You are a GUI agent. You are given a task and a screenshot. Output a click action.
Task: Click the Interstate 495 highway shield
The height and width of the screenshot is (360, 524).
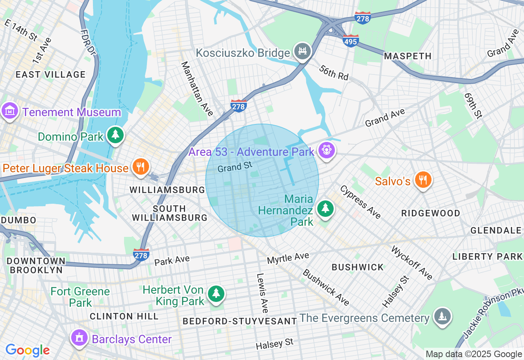tap(351, 40)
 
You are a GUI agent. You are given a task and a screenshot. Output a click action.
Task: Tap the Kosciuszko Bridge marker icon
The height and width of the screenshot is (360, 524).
tap(303, 52)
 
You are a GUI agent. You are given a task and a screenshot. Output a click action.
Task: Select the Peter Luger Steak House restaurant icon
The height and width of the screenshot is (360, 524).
tap(140, 167)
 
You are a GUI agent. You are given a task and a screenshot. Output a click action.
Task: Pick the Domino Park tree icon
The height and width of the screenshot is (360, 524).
tap(115, 135)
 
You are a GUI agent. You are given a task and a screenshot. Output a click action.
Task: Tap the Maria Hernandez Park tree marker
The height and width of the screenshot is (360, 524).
tap(325, 209)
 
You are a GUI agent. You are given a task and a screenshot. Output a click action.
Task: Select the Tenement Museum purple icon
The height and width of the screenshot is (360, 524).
tap(9, 111)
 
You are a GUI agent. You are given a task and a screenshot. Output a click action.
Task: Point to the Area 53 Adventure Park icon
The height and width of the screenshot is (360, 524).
tap(326, 151)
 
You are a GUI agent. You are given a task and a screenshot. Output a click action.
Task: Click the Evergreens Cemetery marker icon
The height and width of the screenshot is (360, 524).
tap(442, 317)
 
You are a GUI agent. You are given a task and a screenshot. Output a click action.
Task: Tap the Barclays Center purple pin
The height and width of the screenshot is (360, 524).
tap(79, 338)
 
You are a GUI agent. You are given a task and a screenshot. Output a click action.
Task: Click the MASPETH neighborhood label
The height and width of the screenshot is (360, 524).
tap(408, 56)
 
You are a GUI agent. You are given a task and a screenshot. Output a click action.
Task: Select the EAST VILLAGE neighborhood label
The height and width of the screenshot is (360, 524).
tap(50, 74)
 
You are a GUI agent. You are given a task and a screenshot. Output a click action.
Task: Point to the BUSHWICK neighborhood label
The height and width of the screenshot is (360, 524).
tap(358, 267)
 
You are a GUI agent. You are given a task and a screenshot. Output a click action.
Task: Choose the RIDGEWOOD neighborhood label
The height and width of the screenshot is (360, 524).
tap(431, 213)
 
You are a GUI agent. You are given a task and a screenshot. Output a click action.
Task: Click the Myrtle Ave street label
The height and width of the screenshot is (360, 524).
tap(288, 258)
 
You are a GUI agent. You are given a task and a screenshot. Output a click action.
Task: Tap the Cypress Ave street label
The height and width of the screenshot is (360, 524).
tap(360, 202)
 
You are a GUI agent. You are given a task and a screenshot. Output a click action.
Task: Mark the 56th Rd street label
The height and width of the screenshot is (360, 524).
tap(334, 72)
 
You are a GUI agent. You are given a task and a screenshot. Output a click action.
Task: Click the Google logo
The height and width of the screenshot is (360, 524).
tap(27, 350)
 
